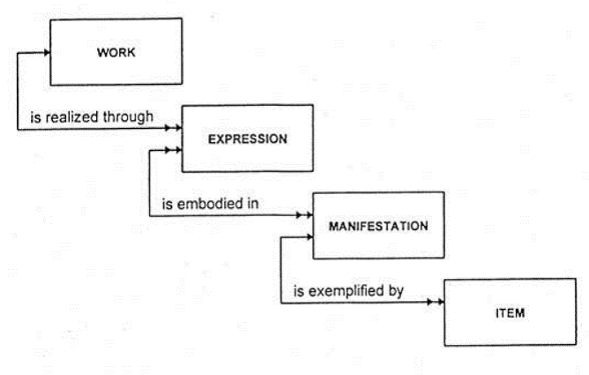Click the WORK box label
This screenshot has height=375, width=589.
click(x=111, y=52)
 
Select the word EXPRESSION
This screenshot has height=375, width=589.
click(x=248, y=139)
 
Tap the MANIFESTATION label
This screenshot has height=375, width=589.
click(x=377, y=226)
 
